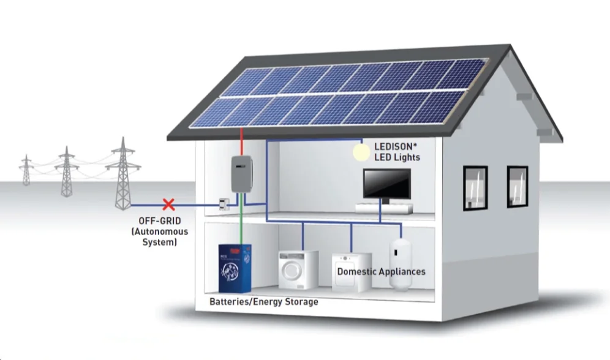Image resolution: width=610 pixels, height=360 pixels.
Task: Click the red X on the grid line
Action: tap(167, 204)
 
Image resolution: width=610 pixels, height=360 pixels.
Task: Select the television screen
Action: tap(387, 183)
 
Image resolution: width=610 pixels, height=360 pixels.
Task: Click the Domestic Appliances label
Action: tap(381, 271)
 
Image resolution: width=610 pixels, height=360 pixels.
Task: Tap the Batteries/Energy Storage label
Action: tap(263, 302)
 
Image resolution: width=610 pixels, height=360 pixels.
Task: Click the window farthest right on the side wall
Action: tap(517, 186)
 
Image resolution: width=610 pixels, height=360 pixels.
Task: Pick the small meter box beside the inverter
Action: tap(225, 205)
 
